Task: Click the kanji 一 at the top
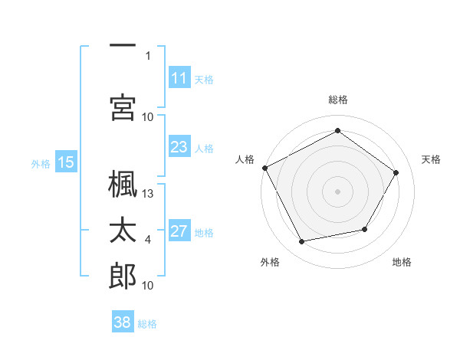[x=123, y=45]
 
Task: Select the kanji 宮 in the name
[x=123, y=107]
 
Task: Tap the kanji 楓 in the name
[x=123, y=184]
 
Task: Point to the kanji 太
[x=123, y=230]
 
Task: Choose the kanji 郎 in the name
[x=123, y=276]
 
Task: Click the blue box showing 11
[x=179, y=77]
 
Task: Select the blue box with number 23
[x=179, y=146]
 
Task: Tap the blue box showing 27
[x=179, y=230]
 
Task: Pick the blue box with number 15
[x=66, y=162]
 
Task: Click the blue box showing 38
[x=123, y=321]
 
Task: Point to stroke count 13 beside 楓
[x=147, y=194]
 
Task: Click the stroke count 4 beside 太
[x=148, y=240]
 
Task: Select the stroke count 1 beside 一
[x=148, y=56]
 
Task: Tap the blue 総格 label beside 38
[x=147, y=324]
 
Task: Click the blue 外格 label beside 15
[x=41, y=164]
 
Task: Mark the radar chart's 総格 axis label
[x=338, y=100]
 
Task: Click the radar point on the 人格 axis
[x=265, y=168]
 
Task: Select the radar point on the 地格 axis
[x=365, y=229]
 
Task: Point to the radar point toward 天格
[x=396, y=172]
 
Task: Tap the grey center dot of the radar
[x=337, y=191]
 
